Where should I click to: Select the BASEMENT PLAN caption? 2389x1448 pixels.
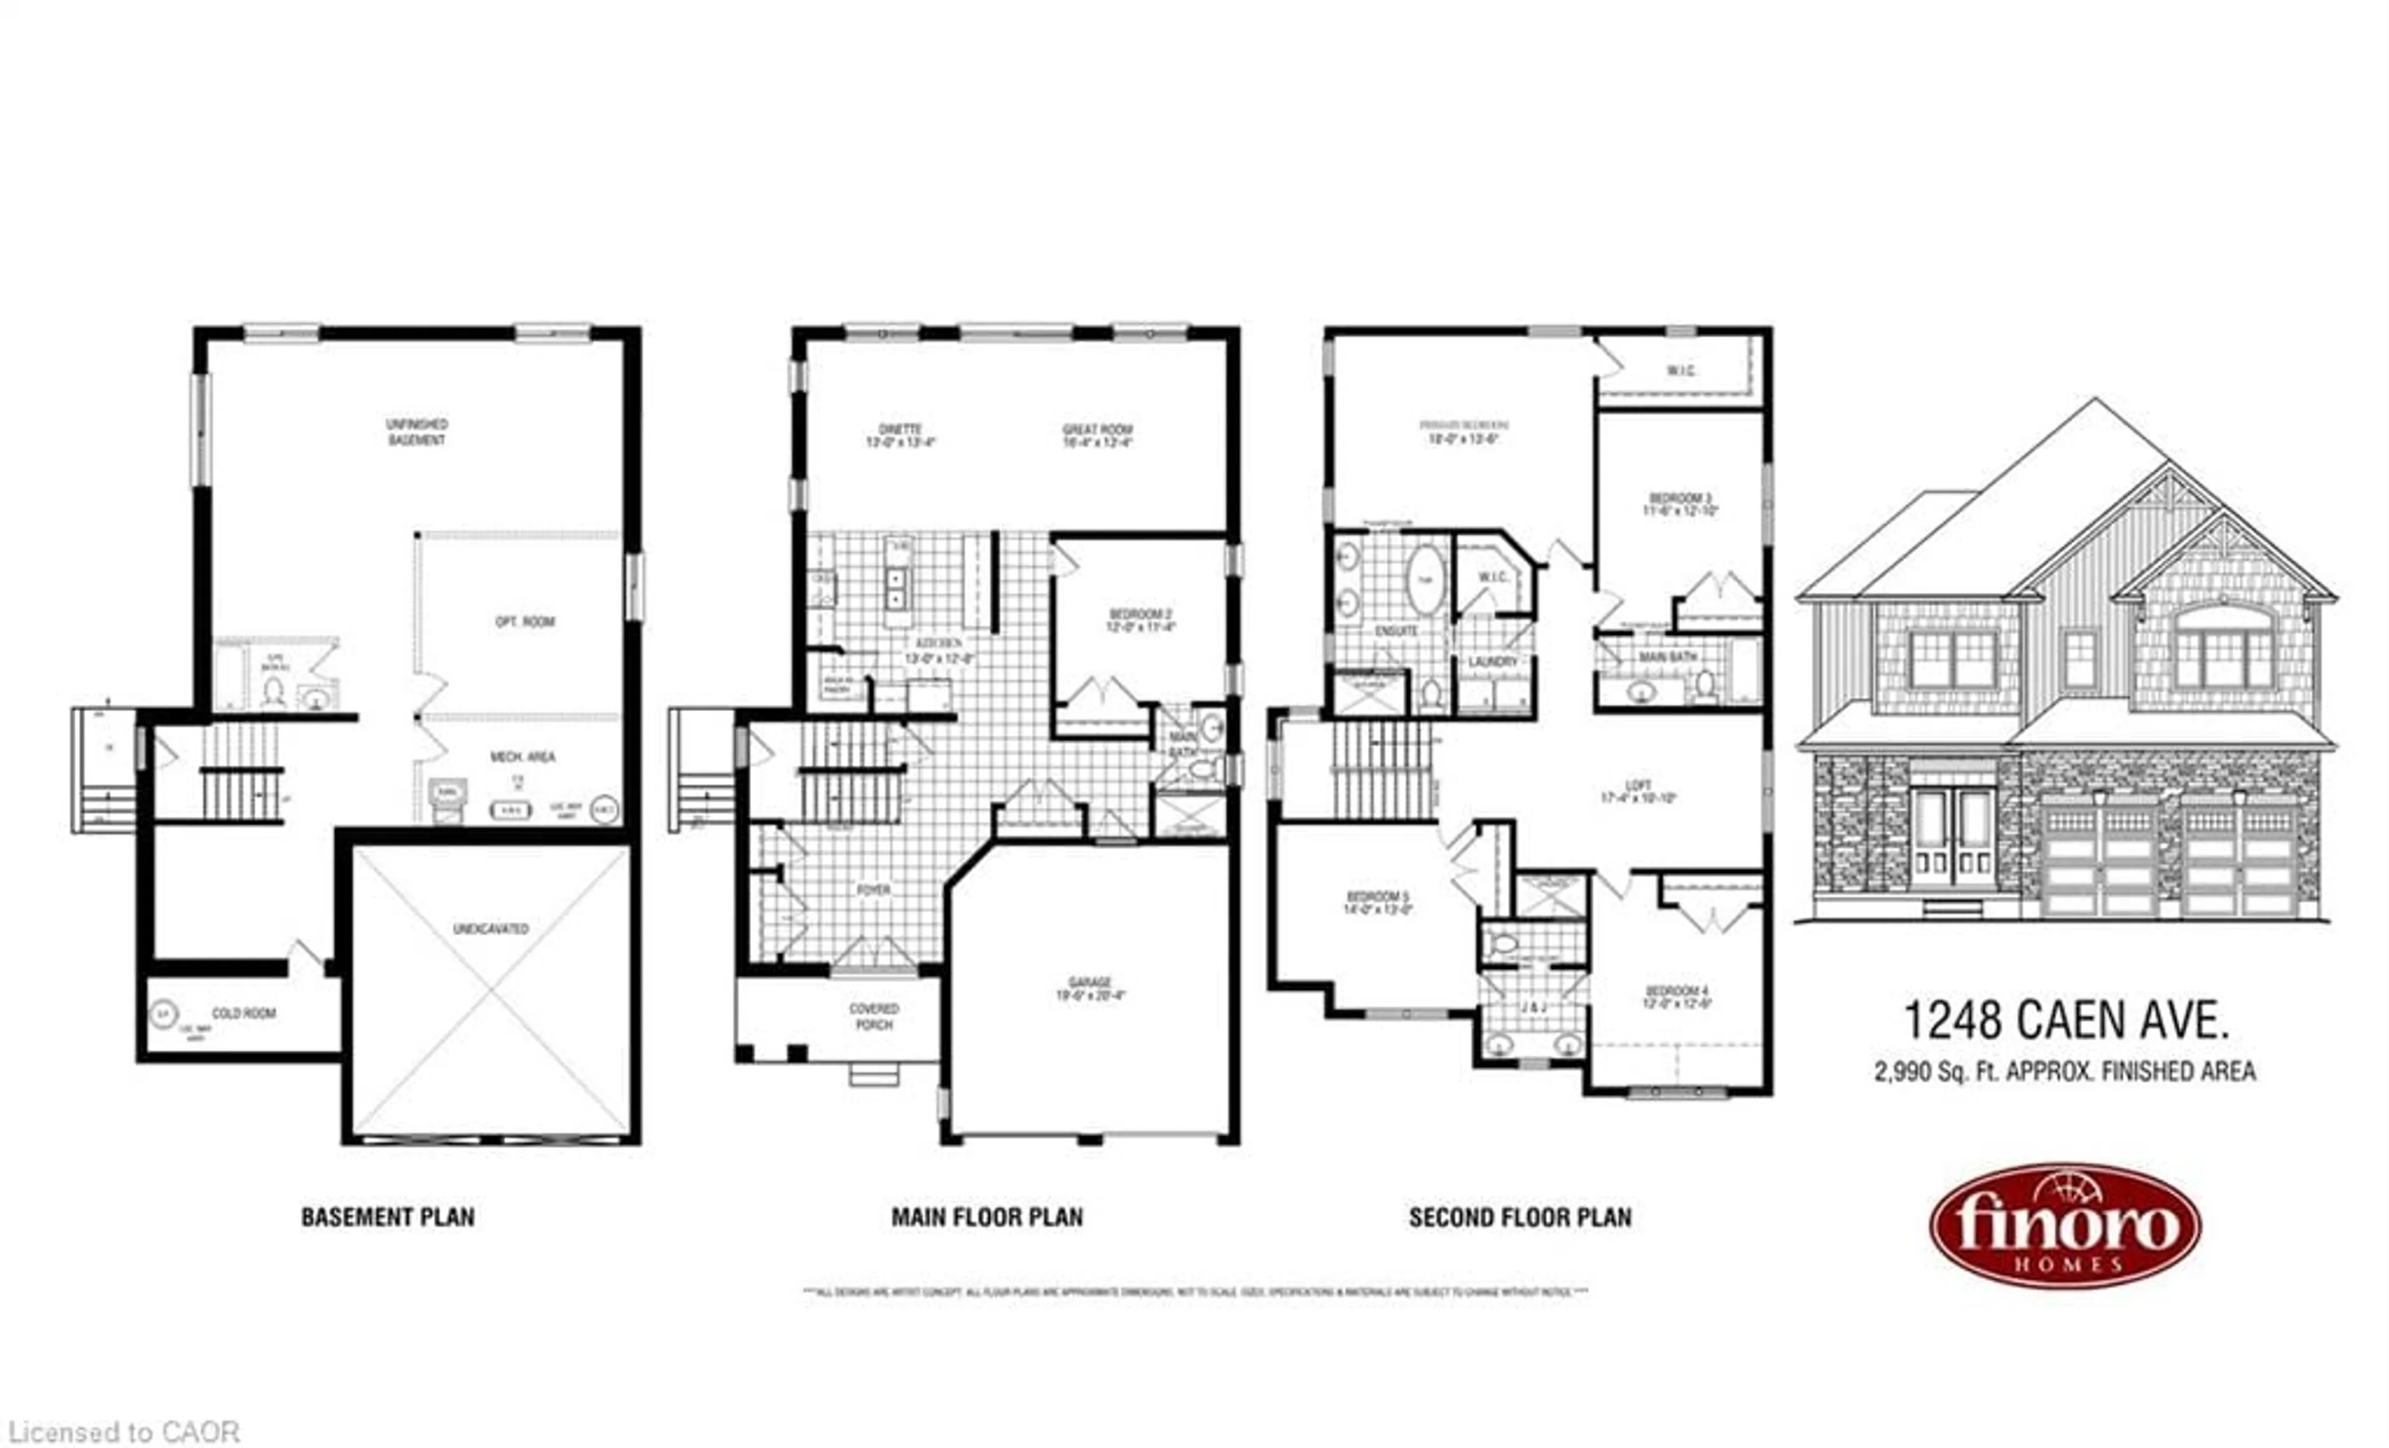click(388, 1217)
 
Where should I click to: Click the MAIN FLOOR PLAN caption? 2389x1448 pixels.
click(987, 1217)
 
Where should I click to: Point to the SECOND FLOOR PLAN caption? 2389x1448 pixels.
click(1519, 1217)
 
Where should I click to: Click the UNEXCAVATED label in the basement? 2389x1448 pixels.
click(491, 929)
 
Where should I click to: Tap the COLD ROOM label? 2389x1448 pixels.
click(243, 1014)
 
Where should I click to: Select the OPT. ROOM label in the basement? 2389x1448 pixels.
click(524, 622)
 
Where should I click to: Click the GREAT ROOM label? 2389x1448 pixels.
click(1097, 436)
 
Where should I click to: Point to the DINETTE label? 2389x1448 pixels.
click(900, 436)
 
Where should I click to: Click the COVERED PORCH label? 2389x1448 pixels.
click(873, 1016)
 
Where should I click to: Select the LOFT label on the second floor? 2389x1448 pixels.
click(1637, 792)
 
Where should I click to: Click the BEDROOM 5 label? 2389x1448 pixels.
click(1377, 903)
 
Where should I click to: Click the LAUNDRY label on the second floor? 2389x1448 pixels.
click(1493, 661)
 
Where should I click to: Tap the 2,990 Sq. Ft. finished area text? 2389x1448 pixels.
click(2064, 1072)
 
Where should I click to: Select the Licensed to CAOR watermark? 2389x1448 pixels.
click(124, 1432)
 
